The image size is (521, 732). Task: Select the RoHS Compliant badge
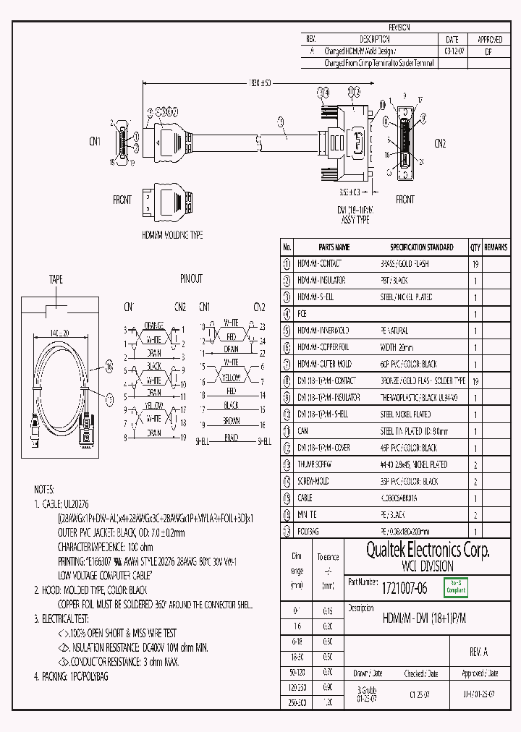[457, 587]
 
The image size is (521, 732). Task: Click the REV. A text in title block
[478, 652]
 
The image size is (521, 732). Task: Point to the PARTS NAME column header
[334, 247]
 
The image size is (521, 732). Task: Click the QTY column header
[475, 247]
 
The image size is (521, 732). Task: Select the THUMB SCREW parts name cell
[314, 464]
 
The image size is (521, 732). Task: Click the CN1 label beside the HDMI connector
[96, 141]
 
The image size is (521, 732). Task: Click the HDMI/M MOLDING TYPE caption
[171, 235]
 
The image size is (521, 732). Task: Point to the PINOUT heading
[191, 278]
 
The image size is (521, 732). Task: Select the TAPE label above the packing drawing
[56, 278]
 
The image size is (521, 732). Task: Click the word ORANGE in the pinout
[153, 325]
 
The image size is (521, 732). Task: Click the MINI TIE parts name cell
[308, 515]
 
